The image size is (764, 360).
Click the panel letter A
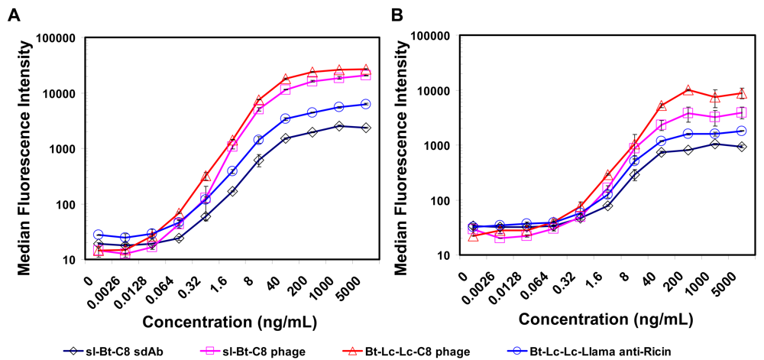pyautogui.click(x=15, y=15)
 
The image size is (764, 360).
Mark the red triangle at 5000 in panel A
pyautogui.click(x=365, y=70)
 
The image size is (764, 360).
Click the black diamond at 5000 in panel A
pyautogui.click(x=365, y=128)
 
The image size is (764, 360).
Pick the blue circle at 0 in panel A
pyautogui.click(x=99, y=235)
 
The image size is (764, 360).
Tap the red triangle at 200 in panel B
pyautogui.click(x=688, y=90)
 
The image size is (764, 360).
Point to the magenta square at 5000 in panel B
pyautogui.click(x=742, y=113)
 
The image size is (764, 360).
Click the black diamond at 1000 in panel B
pyautogui.click(x=715, y=144)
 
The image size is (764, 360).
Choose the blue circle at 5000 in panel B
pyautogui.click(x=742, y=131)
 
